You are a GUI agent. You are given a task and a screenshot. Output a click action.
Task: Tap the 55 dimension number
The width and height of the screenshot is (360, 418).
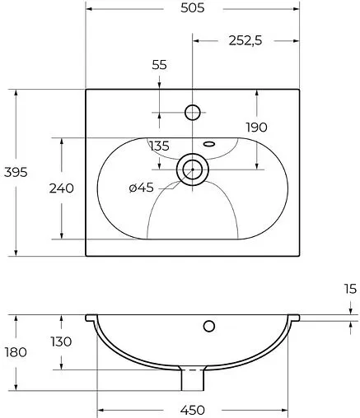[160, 64]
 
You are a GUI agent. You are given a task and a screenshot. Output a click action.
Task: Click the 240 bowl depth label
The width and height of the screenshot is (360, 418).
[62, 188]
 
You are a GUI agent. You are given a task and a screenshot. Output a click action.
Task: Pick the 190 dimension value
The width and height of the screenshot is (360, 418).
[257, 127]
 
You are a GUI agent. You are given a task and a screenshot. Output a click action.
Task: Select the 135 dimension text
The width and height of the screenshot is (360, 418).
[160, 146]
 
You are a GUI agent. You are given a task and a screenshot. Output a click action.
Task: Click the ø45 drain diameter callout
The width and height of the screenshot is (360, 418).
[141, 188]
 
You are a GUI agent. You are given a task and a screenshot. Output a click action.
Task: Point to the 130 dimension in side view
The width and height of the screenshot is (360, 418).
[60, 341]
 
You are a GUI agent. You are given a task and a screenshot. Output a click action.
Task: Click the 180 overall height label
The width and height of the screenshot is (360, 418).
[16, 351]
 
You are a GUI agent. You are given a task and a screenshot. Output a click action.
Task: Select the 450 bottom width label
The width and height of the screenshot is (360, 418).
[192, 409]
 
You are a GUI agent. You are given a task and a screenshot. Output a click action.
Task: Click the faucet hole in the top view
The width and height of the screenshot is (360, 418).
[193, 111]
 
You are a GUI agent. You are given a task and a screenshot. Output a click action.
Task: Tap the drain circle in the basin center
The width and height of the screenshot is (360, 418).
[193, 169]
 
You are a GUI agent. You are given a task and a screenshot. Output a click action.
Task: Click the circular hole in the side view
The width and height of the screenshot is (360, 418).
[209, 326]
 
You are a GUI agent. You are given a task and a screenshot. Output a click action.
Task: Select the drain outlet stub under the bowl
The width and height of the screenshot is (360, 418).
[192, 379]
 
